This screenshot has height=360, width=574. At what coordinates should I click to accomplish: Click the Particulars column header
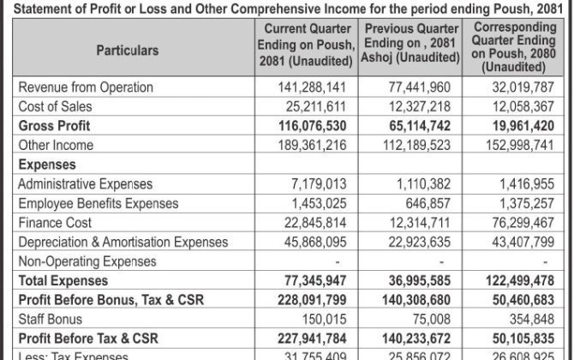point(126,50)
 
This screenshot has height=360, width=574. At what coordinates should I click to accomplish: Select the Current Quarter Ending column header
point(306,50)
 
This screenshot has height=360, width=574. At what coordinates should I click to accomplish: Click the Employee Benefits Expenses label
point(98,203)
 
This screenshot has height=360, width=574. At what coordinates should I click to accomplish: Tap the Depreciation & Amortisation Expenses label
point(123,242)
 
